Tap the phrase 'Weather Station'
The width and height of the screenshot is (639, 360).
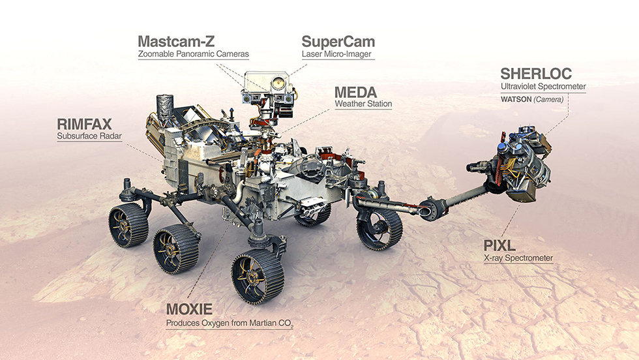point(363,103)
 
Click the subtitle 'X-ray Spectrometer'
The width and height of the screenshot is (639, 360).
point(518,258)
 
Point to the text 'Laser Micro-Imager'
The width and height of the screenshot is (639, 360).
point(336,54)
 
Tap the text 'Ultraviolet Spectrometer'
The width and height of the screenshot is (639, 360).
point(542,86)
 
